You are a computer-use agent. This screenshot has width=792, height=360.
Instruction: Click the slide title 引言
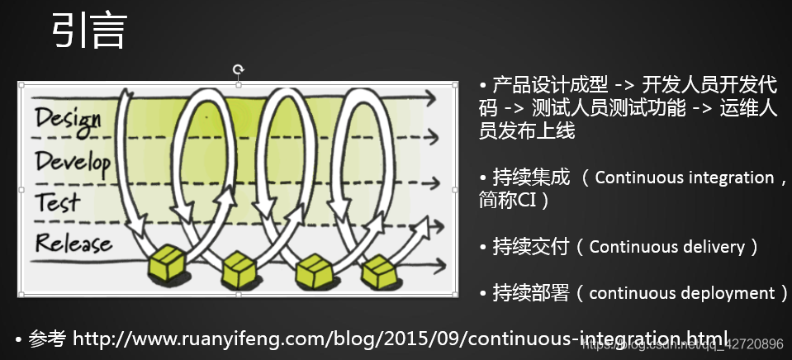[x=89, y=32]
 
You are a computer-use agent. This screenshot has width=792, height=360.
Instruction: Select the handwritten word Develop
[x=73, y=161]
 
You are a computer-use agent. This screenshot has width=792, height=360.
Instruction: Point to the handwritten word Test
[x=58, y=201]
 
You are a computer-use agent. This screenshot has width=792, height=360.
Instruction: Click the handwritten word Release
[x=73, y=243]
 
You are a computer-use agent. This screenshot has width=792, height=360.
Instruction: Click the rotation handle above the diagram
[x=239, y=69]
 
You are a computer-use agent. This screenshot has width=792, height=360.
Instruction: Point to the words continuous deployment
[x=681, y=293]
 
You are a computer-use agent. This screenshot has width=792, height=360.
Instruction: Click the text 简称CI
[x=513, y=200]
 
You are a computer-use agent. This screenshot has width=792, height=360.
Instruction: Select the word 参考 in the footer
[x=47, y=339]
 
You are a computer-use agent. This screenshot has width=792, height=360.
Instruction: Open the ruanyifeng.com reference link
[x=401, y=339]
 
